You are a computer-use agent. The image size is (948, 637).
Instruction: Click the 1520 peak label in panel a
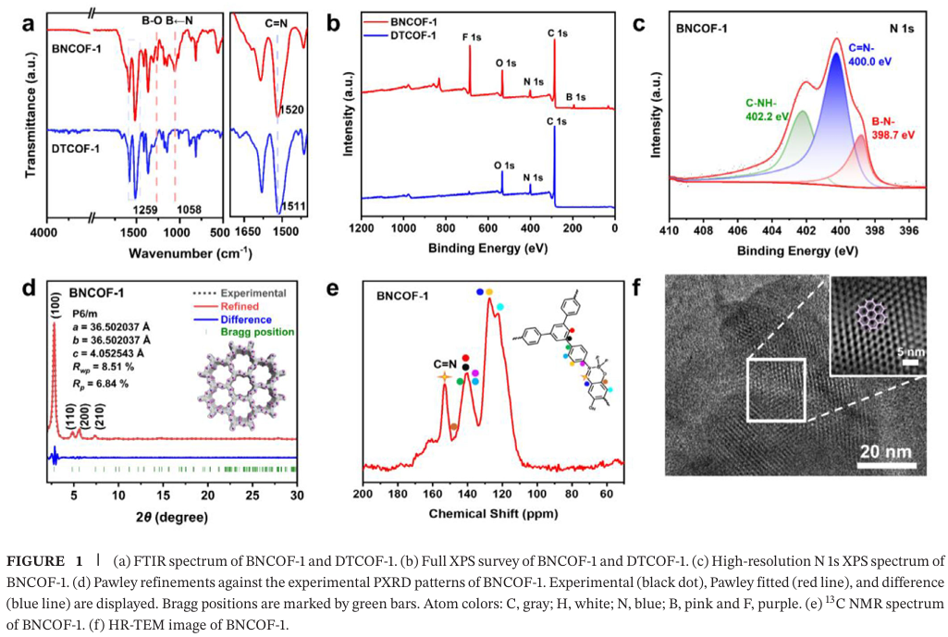pyautogui.click(x=291, y=111)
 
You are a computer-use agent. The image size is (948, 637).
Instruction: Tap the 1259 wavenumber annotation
pyautogui.click(x=148, y=210)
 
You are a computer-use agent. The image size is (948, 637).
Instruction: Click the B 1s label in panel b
pyautogui.click(x=575, y=96)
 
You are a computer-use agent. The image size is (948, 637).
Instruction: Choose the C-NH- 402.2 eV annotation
pyautogui.click(x=767, y=108)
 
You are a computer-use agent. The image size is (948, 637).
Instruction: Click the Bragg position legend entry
pyautogui.click(x=258, y=331)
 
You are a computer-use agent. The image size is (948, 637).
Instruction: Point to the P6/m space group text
pyautogui.click(x=88, y=314)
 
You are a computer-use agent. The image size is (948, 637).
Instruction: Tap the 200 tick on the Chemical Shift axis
pyautogui.click(x=363, y=494)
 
